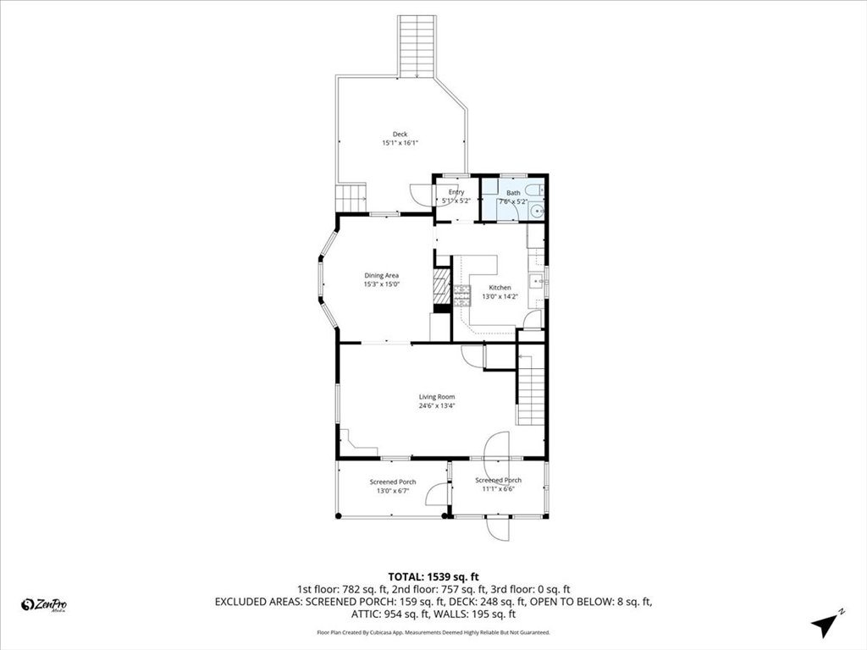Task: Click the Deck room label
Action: pos(400,135)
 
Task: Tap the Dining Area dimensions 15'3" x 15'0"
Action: pos(381,284)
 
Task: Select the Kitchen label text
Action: pos(500,288)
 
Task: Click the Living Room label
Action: pos(437,397)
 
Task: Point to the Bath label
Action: pos(513,193)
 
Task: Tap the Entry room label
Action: pos(456,192)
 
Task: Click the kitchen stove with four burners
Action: pos(462,295)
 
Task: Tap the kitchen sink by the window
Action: pos(536,281)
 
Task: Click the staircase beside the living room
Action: pos(529,390)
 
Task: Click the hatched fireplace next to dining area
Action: pos(441,286)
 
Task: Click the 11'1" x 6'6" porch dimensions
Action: pos(498,489)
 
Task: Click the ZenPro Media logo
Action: pos(44,604)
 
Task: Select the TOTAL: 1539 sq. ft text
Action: pos(433,576)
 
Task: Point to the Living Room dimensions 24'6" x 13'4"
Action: pos(437,406)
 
